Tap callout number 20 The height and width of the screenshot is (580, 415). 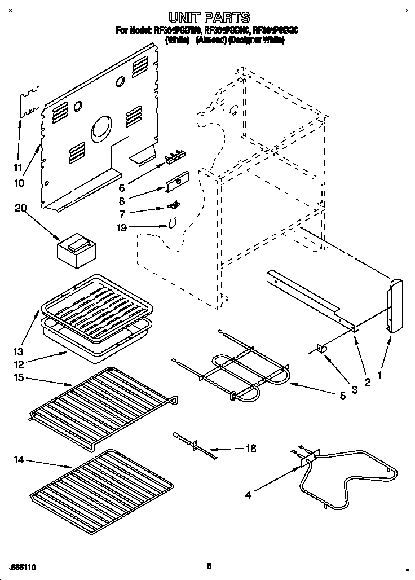(20, 208)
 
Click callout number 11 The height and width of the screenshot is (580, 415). (18, 167)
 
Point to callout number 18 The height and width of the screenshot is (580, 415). (251, 449)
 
